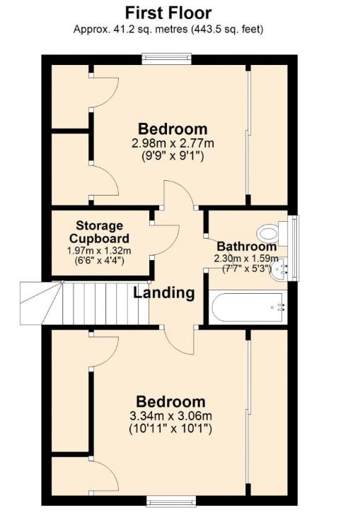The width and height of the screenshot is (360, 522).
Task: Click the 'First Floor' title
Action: (168, 13)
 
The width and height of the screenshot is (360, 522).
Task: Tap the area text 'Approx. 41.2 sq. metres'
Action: (130, 29)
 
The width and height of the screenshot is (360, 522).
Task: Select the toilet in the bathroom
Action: (272, 233)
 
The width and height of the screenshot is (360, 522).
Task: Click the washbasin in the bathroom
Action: (279, 268)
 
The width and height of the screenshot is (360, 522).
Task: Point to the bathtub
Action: (248, 307)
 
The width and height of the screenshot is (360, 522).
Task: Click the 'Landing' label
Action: (164, 293)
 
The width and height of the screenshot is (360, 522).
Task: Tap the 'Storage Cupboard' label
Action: (99, 232)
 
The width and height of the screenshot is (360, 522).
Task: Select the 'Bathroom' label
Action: (247, 247)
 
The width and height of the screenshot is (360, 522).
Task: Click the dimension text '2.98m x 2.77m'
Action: (173, 143)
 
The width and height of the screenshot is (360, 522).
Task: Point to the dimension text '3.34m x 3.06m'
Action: (170, 416)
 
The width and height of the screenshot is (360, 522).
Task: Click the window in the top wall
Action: (167, 59)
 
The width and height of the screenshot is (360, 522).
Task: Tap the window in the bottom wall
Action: (171, 500)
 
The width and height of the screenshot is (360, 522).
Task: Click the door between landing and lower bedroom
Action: (180, 341)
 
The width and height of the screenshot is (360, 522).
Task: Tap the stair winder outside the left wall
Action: (41, 303)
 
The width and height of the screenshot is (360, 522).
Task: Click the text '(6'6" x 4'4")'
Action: (99, 261)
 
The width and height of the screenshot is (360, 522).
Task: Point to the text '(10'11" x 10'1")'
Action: (170, 429)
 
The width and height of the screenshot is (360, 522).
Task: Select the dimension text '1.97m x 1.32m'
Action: (99, 251)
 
